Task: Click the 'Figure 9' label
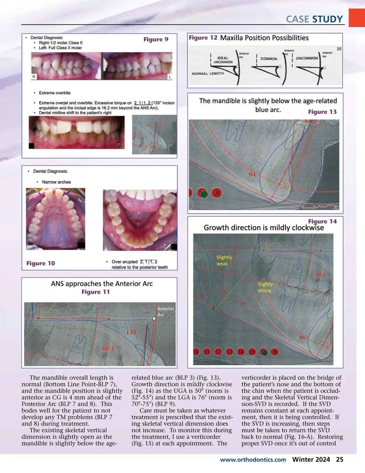click(156, 39)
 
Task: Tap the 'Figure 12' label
click(203, 38)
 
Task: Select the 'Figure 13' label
click(322, 112)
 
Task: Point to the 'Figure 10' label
click(40, 263)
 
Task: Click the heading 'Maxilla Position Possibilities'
click(264, 38)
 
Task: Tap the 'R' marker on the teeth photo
click(33, 77)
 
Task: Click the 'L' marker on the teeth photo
click(170, 77)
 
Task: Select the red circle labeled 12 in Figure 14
click(218, 352)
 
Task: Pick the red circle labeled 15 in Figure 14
click(252, 352)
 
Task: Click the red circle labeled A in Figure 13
click(217, 193)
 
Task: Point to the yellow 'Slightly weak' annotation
click(224, 260)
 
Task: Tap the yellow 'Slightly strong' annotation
click(265, 287)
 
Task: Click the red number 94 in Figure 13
click(252, 175)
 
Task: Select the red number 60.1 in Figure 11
click(108, 348)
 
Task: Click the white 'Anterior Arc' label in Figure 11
click(165, 312)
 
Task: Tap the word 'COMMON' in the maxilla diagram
click(269, 59)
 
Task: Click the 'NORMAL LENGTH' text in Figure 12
click(208, 74)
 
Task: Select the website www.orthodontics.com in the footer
click(253, 460)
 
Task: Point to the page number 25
click(339, 460)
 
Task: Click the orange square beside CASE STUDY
click(356, 18)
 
